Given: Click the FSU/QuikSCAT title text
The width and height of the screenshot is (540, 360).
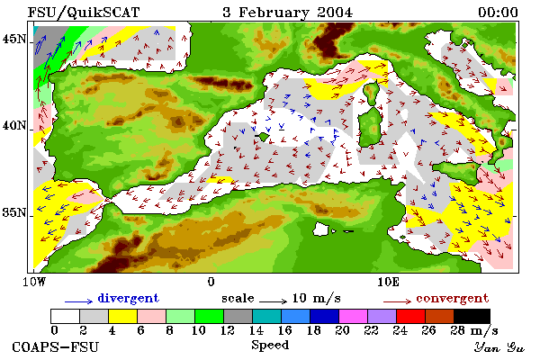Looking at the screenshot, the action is [84, 13].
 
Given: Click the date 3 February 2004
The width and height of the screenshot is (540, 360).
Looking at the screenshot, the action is [288, 13].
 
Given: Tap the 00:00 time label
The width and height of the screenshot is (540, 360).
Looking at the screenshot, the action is [498, 13].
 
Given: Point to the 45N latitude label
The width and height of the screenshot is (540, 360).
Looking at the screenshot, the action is [14, 39].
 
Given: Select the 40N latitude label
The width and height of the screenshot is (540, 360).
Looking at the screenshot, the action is [14, 125].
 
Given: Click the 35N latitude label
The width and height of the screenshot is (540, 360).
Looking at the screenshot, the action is [14, 212].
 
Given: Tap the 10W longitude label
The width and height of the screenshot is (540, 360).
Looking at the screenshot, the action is [34, 282].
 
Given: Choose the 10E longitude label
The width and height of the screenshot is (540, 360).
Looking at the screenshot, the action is [388, 282].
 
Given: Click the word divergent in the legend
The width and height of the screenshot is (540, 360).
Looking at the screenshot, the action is [129, 298].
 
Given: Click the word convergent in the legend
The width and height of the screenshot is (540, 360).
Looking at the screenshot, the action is [452, 298].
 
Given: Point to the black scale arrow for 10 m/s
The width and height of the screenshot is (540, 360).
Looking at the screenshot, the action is [273, 301].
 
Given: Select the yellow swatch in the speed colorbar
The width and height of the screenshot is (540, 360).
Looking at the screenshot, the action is [123, 316].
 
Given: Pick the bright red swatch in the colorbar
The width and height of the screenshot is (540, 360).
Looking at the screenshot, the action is [411, 316].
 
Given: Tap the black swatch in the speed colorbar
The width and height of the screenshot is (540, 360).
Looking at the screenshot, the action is [472, 316].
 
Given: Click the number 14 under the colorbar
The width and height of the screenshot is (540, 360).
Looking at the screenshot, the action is [256, 330].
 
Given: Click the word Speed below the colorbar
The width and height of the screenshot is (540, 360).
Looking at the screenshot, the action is [270, 346].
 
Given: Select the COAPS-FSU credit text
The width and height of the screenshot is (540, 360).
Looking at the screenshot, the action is [56, 346].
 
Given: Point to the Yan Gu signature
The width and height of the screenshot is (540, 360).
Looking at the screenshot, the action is [499, 347].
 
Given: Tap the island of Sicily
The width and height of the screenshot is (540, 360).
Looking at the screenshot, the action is [456, 172].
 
